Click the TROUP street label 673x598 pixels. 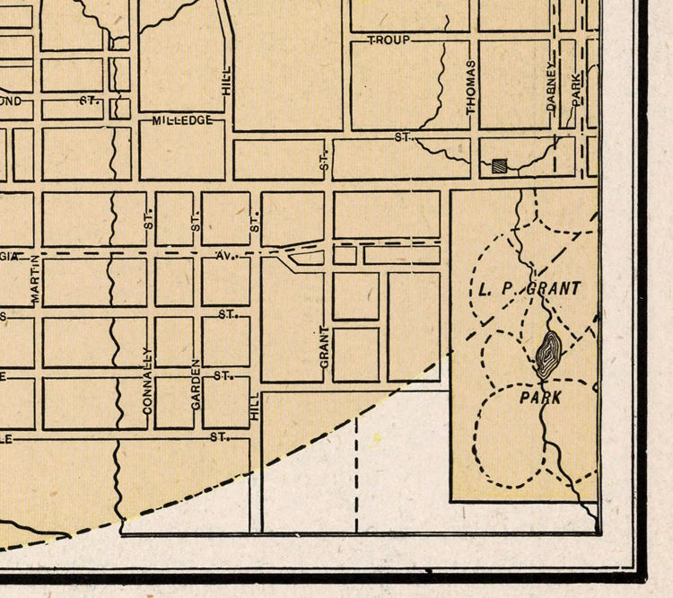click(389, 41)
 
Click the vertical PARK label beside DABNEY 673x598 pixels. click(577, 87)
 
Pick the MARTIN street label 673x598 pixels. click(37, 281)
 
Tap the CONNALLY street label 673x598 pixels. click(148, 380)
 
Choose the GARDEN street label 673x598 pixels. click(195, 385)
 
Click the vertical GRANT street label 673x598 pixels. click(326, 347)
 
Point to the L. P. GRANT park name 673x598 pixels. click(526, 288)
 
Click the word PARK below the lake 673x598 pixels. click(540, 397)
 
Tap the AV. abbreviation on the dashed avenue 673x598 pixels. click(225, 256)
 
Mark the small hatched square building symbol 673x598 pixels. click(500, 164)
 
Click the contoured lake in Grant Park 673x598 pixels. click(547, 353)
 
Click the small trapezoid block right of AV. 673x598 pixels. click(306, 258)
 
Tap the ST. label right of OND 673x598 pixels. click(87, 101)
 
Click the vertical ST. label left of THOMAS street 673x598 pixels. click(325, 162)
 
